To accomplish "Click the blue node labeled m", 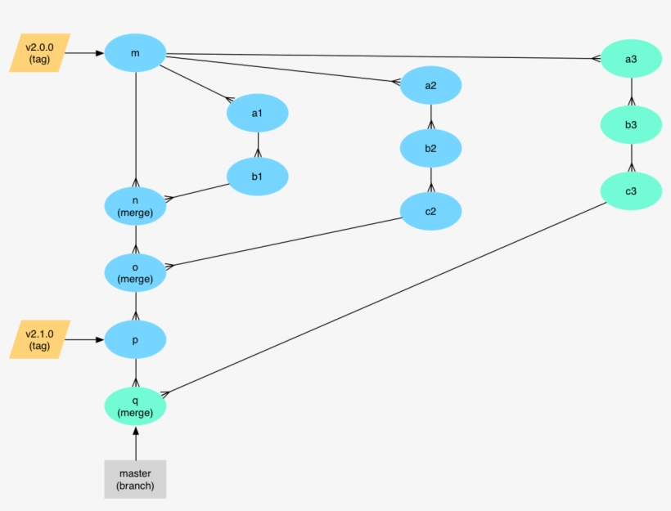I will (x=135, y=54).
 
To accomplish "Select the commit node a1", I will (x=258, y=113).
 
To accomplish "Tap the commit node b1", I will (x=258, y=176).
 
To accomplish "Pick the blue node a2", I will (x=430, y=85).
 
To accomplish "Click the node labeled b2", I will (x=430, y=148).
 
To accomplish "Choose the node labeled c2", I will (x=430, y=211).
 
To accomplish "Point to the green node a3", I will (x=630, y=59).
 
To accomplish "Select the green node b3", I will (x=630, y=125).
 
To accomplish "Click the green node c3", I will (x=630, y=191).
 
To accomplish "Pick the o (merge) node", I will (x=135, y=272).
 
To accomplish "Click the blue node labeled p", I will (x=135, y=339).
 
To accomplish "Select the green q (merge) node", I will (x=135, y=406).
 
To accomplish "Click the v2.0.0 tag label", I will (x=39, y=53).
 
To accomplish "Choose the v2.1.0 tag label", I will (x=39, y=339).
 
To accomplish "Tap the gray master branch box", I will (x=135, y=479).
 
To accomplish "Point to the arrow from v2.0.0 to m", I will (x=85, y=53).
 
